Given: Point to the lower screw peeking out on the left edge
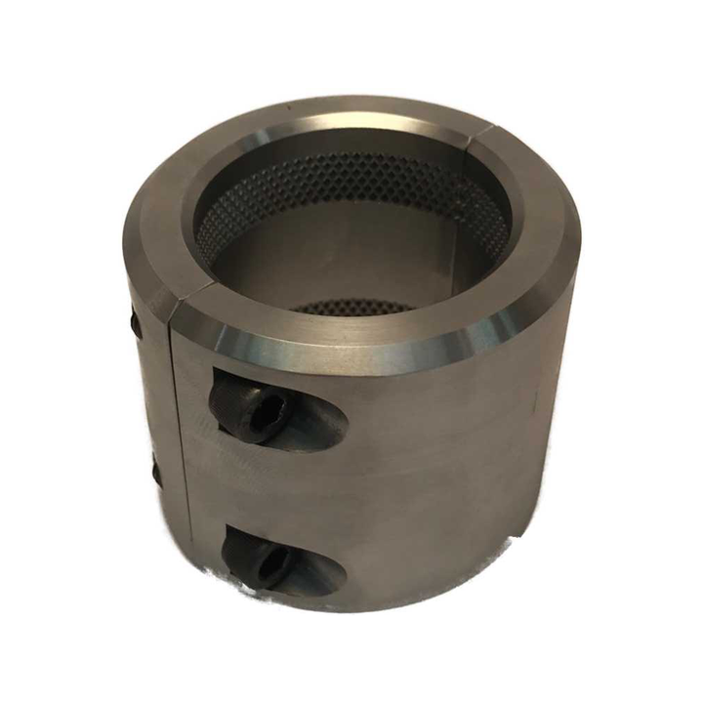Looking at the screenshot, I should [x=156, y=474].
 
